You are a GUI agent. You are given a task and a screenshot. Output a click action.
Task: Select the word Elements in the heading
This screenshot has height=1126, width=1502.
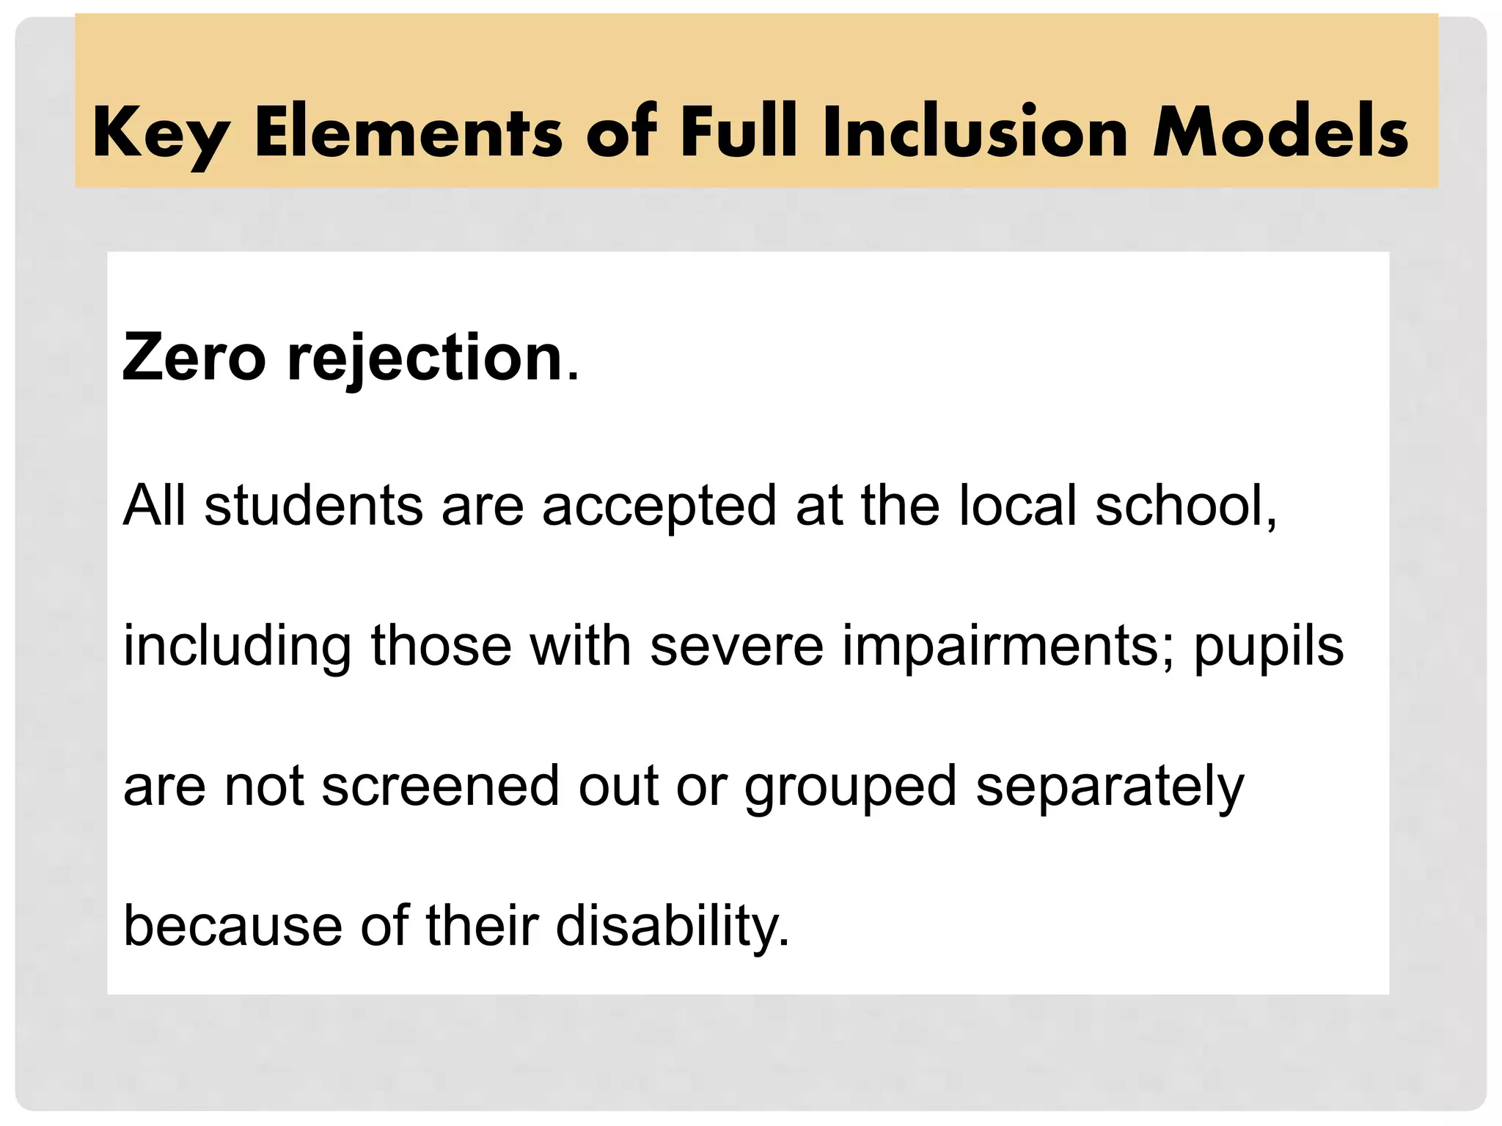408,132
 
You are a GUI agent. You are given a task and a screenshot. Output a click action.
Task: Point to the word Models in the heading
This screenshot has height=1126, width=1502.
1281,132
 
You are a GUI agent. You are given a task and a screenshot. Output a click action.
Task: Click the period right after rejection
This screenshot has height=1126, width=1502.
573,375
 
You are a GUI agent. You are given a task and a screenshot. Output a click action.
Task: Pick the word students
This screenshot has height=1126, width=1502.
314,505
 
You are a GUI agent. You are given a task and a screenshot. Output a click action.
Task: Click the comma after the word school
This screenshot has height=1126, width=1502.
1271,522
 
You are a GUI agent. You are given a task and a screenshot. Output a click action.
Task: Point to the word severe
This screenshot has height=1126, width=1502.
737,646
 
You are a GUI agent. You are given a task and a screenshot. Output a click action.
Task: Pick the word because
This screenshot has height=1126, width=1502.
233,926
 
